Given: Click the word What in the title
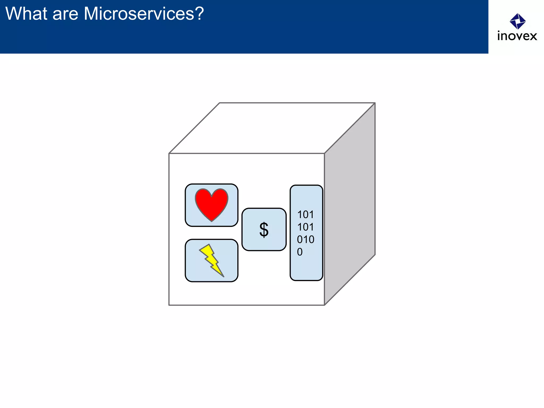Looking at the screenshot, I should point(26,14).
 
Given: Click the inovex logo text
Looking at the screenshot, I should point(517,36).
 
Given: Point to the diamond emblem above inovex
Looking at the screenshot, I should point(517,21).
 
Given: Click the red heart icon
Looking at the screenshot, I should point(211,203).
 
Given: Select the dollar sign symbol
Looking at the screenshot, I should point(264,229).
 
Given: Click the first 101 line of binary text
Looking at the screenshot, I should point(305,215).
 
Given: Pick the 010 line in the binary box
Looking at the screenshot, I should point(305,240).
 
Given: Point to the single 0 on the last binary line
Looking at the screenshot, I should point(300,252).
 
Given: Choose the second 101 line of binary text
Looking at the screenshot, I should point(305,227).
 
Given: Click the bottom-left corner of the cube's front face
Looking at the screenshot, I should point(169,305).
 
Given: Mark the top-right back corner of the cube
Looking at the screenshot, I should point(375,103).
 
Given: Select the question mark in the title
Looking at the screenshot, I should point(199,14).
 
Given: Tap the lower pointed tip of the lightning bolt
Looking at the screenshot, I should point(223,277).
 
